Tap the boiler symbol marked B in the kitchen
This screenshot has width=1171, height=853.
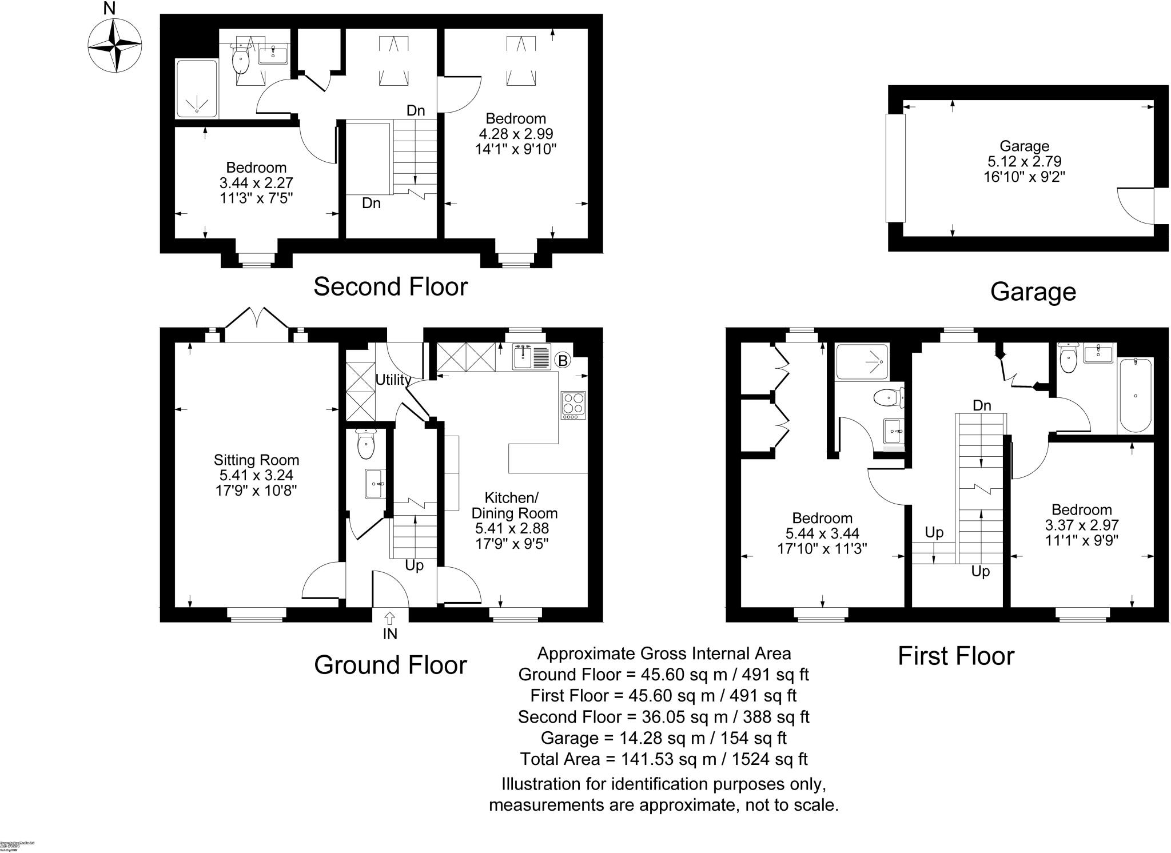(x=563, y=360)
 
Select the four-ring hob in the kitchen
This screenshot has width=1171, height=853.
(x=573, y=405)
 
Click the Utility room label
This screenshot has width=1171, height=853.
(x=393, y=380)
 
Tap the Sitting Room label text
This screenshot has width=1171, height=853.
(x=256, y=460)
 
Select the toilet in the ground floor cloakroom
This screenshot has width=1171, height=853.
(x=365, y=444)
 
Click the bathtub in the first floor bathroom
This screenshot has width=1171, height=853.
(x=1135, y=395)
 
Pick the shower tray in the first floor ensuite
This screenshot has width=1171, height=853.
(x=862, y=362)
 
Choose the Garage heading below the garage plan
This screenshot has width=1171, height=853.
(x=1033, y=292)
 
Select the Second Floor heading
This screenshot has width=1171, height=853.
(x=391, y=286)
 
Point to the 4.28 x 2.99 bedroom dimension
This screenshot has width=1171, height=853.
(x=516, y=134)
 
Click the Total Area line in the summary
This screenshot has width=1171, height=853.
(x=663, y=759)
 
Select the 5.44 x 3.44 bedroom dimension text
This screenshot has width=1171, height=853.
(x=822, y=533)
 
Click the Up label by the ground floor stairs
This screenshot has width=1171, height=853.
(x=414, y=565)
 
